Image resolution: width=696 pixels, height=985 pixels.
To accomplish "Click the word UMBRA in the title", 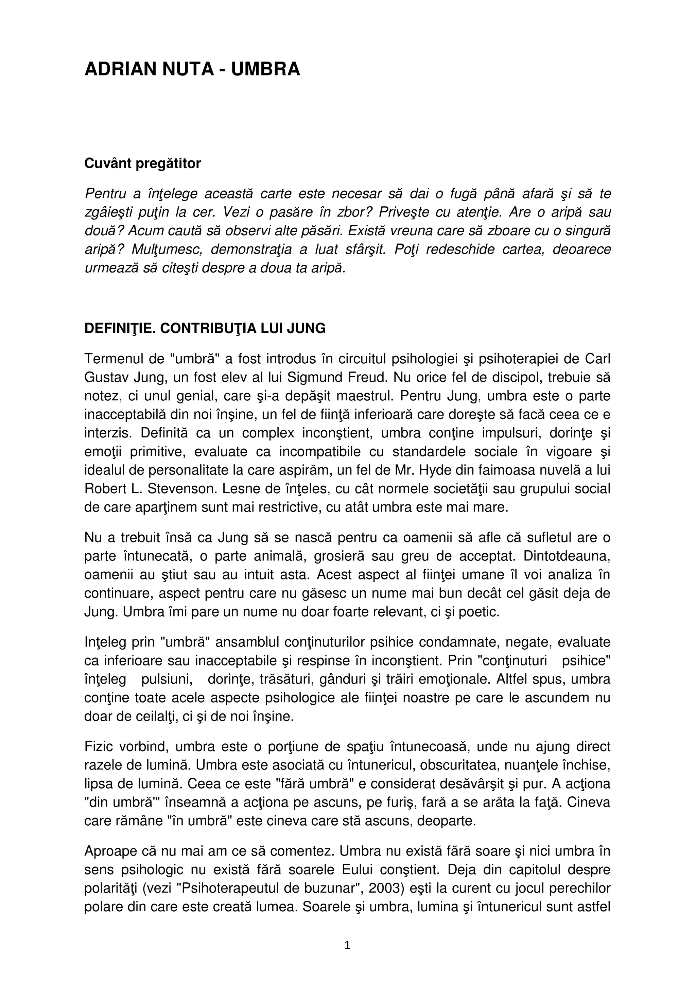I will [265, 69].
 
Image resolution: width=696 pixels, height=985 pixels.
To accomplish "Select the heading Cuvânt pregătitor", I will [142, 163].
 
